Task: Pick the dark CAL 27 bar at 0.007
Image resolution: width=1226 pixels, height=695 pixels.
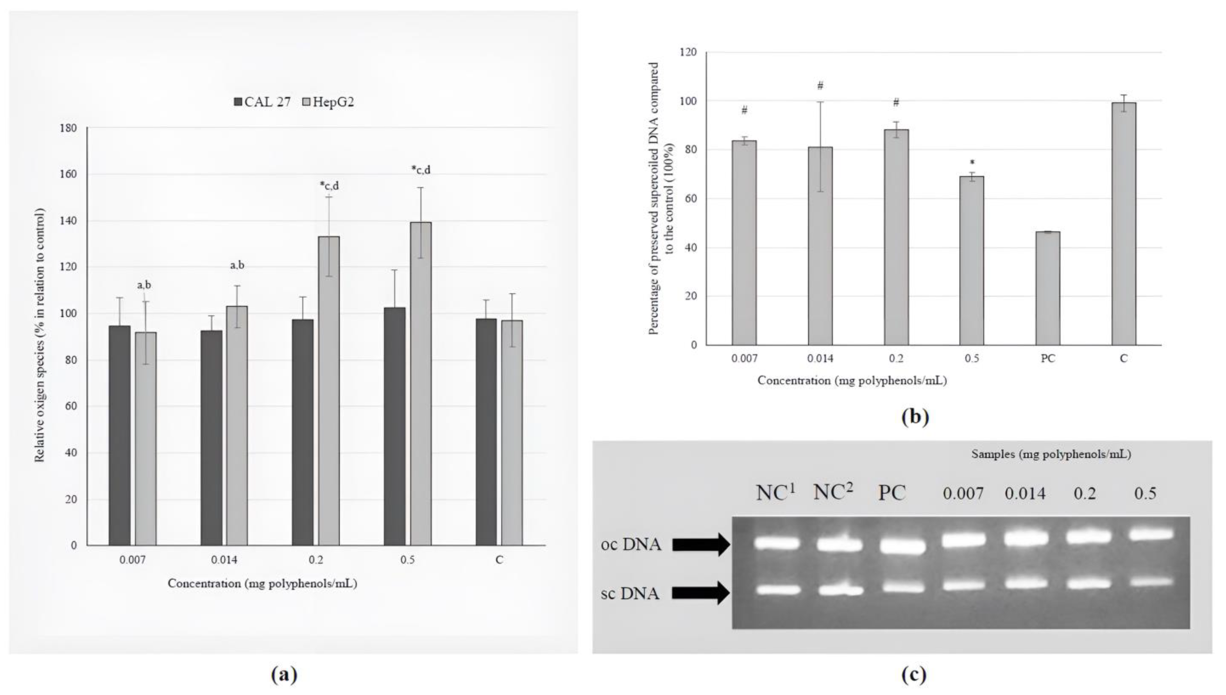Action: tap(120, 435)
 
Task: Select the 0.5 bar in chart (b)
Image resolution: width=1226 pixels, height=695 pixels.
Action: tap(971, 261)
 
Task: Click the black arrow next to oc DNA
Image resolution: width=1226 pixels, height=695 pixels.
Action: tap(701, 545)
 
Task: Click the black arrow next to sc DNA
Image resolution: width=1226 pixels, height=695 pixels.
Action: tap(701, 593)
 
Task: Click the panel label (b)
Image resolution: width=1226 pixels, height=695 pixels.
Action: tap(914, 417)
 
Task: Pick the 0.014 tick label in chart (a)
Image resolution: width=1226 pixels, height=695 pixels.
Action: tap(224, 560)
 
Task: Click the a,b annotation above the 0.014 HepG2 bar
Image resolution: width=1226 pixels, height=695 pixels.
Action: tap(237, 265)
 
